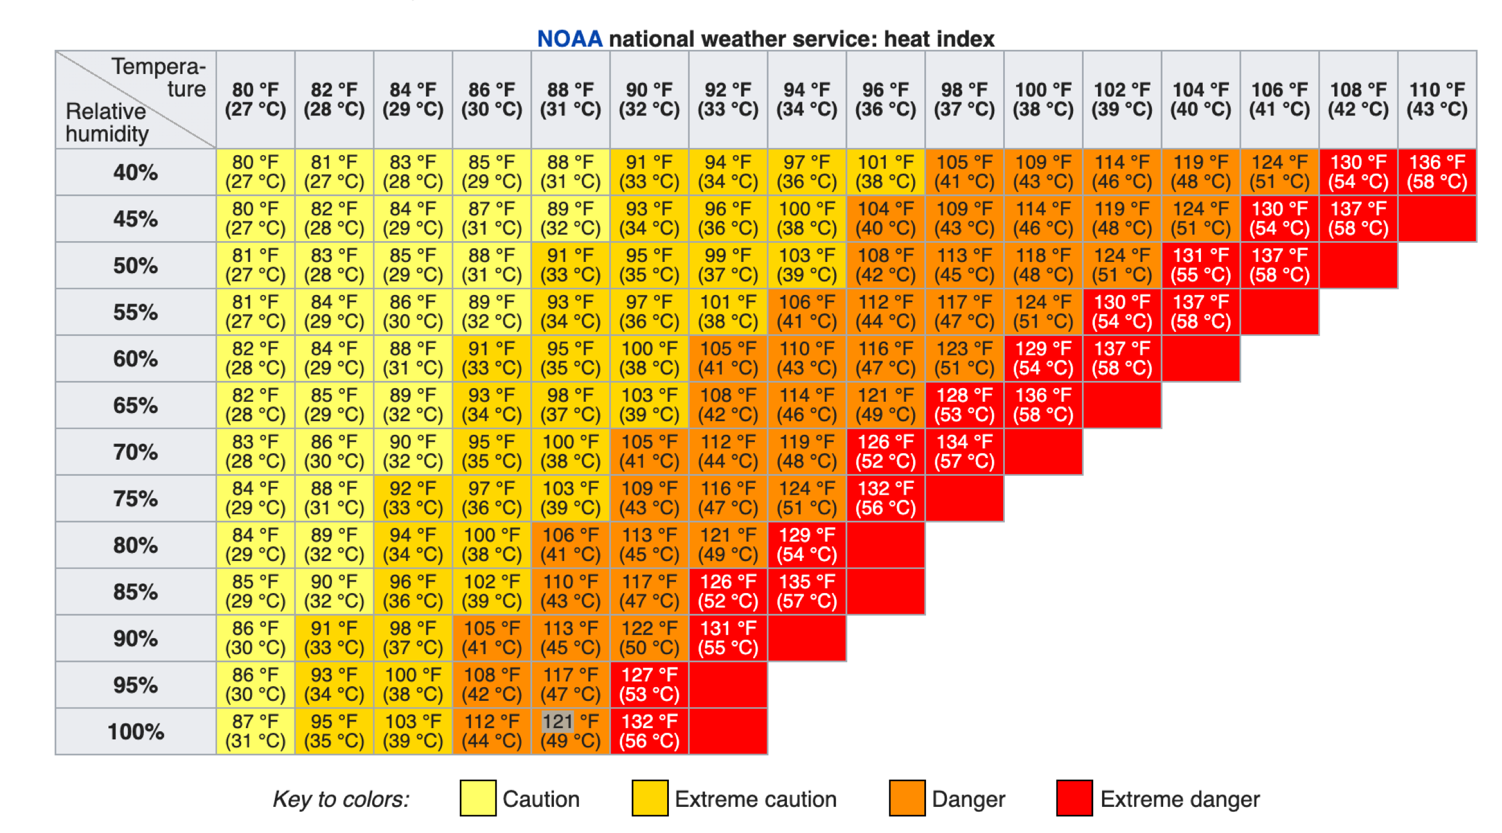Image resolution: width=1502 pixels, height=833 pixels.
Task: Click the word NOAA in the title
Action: [x=569, y=39]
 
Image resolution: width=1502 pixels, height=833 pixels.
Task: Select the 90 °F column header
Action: [x=649, y=100]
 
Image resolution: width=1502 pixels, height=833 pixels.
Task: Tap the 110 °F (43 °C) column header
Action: [x=1437, y=100]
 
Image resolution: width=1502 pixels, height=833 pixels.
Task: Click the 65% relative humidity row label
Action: [x=136, y=405]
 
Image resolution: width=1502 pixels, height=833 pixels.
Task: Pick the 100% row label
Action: [x=136, y=732]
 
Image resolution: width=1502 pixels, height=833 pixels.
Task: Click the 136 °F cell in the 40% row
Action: [x=1437, y=172]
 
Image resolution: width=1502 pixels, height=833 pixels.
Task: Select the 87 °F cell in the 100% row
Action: [x=255, y=731]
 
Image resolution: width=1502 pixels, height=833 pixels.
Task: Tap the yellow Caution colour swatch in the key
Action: [x=478, y=799]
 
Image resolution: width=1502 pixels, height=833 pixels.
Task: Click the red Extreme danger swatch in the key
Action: [x=1074, y=799]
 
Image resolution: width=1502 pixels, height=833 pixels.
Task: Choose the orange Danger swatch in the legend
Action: [x=907, y=799]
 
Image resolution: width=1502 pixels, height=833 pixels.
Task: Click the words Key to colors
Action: [x=341, y=799]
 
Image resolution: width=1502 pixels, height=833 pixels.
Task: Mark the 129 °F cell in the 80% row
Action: [x=806, y=544]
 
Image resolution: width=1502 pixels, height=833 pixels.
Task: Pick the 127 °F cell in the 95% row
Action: [x=649, y=684]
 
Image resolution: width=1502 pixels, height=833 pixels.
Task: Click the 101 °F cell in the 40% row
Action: [x=885, y=172]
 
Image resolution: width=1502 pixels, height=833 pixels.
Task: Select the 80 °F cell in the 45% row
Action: [x=255, y=219]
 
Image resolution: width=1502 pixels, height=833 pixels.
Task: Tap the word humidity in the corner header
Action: [x=107, y=134]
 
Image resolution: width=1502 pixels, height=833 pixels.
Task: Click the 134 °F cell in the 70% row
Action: [x=964, y=451]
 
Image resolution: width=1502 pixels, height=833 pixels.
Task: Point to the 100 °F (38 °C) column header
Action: [x=1043, y=100]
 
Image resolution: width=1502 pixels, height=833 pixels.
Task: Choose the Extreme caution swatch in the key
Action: [x=649, y=799]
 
